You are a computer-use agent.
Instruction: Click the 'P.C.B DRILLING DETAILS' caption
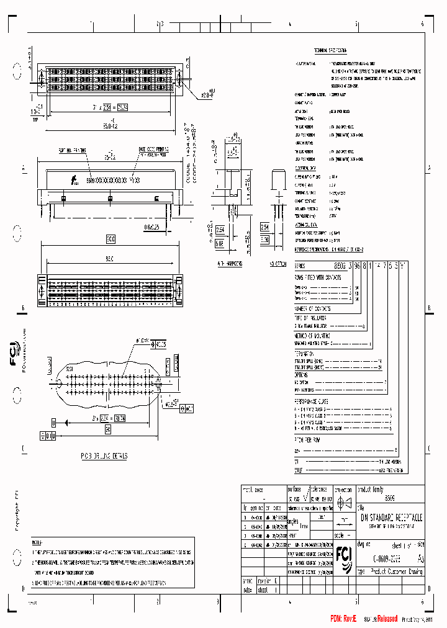pos(104,456)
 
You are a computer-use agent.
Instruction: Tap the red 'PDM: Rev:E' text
pos(344,619)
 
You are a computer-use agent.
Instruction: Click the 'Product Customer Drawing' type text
pos(397,572)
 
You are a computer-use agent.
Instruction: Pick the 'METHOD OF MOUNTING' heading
pos(315,335)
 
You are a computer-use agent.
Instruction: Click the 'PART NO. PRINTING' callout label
pos(71,150)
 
